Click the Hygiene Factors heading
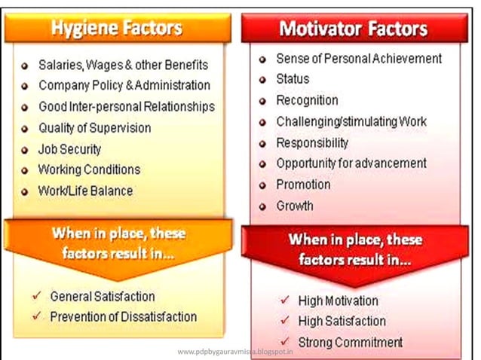pos(116,29)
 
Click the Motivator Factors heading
pos(353,29)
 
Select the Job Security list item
pos(69,149)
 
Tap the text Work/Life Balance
pos(85,191)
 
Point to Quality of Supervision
pos(94,128)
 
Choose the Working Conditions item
pos(89,169)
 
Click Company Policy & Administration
pos(124,86)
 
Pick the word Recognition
pos(307,100)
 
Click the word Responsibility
pos(312,142)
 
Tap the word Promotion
pos(303,185)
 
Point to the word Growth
pos(295,206)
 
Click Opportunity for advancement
pos(351,163)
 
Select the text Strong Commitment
pos(351,343)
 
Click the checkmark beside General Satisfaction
pos(37,296)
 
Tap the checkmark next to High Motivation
pos(283,300)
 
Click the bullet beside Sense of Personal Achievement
pos(262,59)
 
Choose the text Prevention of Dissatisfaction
pos(123,317)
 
